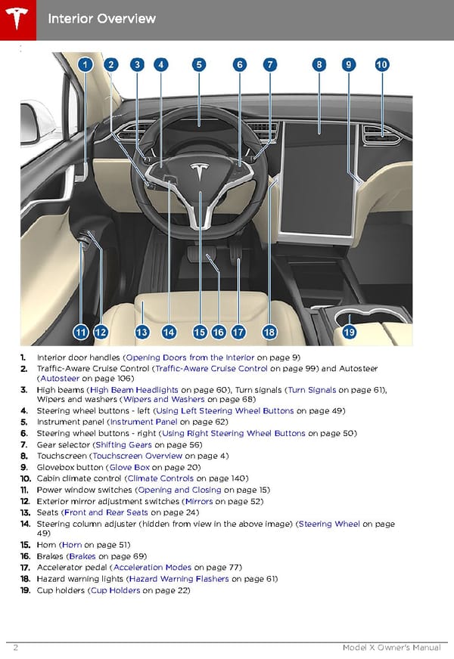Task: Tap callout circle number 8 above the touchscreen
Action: pos(320,65)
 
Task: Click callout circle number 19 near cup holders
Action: pos(349,332)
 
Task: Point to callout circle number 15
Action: pos(200,332)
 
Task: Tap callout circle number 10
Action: pos(381,65)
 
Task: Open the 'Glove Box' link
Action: pos(129,467)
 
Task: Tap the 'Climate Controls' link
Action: pos(160,478)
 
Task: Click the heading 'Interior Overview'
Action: pos(101,18)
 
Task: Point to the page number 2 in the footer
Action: pos(16,648)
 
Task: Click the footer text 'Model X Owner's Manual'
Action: pos(391,648)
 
